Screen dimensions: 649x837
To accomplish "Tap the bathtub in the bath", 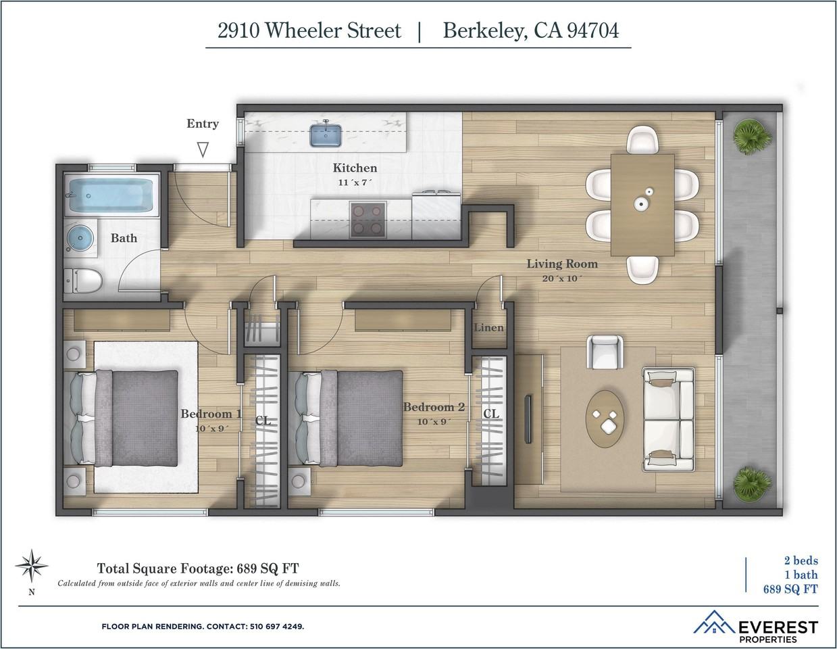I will [x=111, y=194].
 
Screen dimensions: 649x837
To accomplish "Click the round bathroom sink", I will [x=80, y=238].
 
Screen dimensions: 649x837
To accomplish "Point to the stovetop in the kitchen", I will [x=367, y=219].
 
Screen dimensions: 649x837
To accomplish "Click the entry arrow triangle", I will [x=203, y=149].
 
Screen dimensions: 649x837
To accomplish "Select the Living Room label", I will [x=562, y=264].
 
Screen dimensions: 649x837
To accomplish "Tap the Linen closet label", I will [x=488, y=328].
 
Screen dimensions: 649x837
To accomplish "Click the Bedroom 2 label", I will [x=434, y=407].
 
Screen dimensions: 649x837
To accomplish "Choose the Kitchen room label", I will [x=355, y=168].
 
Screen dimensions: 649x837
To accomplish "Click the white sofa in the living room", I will [x=668, y=419].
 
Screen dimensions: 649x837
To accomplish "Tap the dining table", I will [x=642, y=204].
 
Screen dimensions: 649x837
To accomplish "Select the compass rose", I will [x=31, y=565].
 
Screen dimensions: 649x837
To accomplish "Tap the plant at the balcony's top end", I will [x=752, y=135].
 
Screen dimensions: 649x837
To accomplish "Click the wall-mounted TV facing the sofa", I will [x=528, y=419].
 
